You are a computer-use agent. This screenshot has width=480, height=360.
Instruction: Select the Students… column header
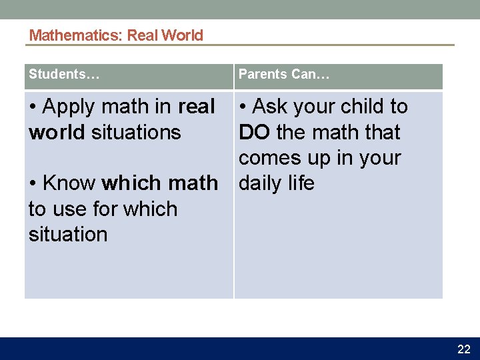coord(64,75)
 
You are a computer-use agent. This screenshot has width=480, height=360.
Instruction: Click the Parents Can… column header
coord(284,75)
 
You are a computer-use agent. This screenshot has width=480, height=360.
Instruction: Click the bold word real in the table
coord(196,107)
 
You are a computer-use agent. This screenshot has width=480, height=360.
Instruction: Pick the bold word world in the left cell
coord(57,132)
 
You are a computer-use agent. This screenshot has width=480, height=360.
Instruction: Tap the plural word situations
coord(136,132)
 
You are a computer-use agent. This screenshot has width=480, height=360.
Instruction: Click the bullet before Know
coord(33,183)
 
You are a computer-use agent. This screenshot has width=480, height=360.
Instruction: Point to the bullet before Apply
coord(33,107)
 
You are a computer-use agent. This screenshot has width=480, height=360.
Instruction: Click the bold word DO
coord(254,132)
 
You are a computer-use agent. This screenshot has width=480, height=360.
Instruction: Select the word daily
coord(262,183)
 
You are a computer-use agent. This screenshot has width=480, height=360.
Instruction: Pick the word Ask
coord(271,107)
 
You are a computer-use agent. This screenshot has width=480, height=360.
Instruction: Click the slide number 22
coord(463,349)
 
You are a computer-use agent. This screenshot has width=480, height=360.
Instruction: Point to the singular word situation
coord(67,235)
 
